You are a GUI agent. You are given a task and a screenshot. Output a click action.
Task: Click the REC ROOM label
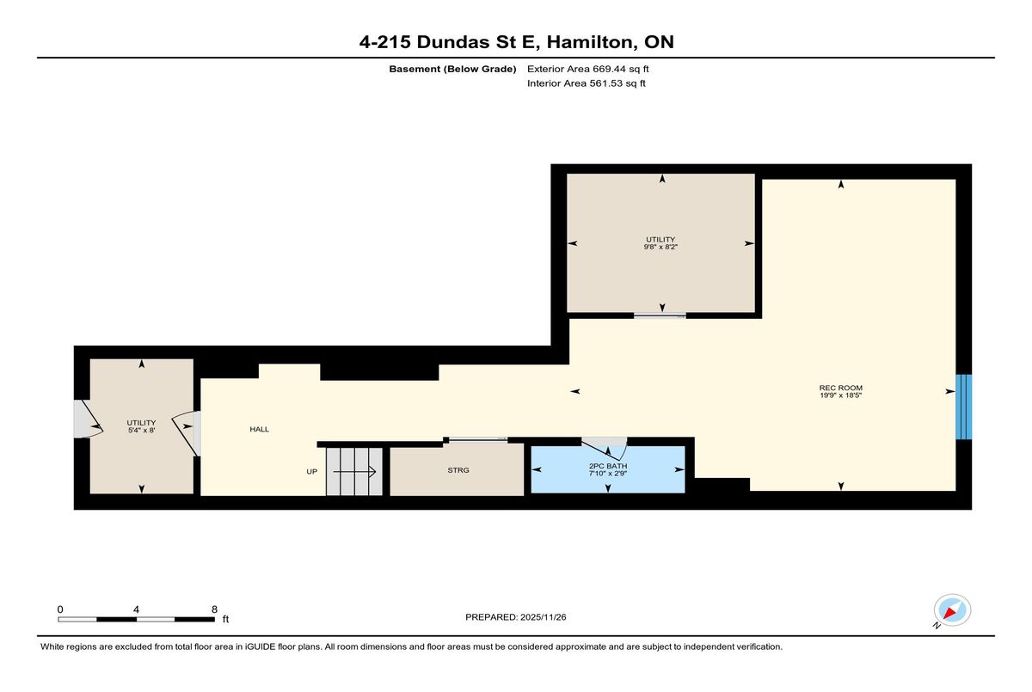pos(841,388)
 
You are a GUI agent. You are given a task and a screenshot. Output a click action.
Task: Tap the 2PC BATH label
pos(608,466)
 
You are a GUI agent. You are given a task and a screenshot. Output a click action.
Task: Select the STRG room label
pos(458,470)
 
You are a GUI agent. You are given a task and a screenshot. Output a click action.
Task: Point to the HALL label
pos(260,429)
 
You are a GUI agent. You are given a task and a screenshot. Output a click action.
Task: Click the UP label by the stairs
pos(312,471)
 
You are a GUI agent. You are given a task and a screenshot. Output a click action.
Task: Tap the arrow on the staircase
pos(354,472)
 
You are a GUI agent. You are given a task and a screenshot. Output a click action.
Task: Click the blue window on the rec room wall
pos(963,407)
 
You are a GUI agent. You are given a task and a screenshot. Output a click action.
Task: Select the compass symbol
pos(952,610)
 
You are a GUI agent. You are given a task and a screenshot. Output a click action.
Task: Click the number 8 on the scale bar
pos(214,609)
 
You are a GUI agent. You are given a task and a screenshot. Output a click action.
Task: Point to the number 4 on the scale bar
pos(136,609)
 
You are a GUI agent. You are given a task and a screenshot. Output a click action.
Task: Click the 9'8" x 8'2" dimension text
pos(660,247)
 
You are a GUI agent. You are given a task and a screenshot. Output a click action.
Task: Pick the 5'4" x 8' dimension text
pos(141,430)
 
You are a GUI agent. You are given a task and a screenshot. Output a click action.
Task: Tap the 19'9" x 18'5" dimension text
pos(841,395)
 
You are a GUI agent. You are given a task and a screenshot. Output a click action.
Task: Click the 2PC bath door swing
pos(605,449)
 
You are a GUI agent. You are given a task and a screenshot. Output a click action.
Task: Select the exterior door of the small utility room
pos(88,419)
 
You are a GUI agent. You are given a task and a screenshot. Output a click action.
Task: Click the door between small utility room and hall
pos(186,433)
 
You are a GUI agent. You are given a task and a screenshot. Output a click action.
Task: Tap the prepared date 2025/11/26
pos(544,617)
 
